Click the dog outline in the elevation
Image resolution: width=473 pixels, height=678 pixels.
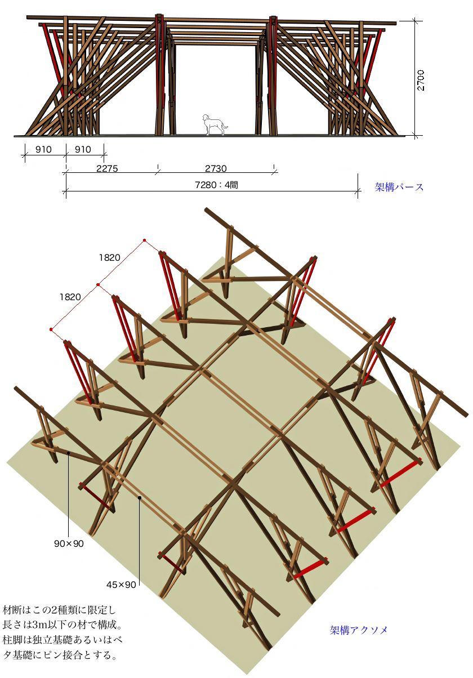coord(214,124)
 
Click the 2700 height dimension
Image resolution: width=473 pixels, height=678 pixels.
coord(421,80)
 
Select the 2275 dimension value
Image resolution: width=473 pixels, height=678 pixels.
coord(107,168)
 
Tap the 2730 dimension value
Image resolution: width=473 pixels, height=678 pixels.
coord(216,168)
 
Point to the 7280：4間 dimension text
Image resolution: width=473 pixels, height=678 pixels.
coord(216,185)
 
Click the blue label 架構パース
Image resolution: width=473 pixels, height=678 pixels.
coord(399,187)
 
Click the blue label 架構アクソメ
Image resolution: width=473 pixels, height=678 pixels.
coord(359,630)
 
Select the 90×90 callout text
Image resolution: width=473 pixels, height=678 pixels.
coord(69,543)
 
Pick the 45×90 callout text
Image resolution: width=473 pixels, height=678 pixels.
coord(121,585)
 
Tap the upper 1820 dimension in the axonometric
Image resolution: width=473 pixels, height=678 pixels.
coord(110,257)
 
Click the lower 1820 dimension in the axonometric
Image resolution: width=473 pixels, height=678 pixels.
coord(70,297)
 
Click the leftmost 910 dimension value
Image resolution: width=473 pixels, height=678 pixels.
coord(43,149)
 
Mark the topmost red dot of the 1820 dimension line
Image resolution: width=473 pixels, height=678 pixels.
coord(145,240)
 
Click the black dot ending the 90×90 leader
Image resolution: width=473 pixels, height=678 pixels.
coord(69,453)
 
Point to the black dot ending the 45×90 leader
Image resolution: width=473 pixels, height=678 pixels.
coord(140,498)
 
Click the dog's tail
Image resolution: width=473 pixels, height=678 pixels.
coord(225,125)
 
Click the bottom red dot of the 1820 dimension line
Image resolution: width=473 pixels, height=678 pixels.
coord(51,329)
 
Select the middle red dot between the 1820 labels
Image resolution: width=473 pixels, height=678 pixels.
coord(98,284)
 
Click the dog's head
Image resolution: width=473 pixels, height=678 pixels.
coord(206,118)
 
